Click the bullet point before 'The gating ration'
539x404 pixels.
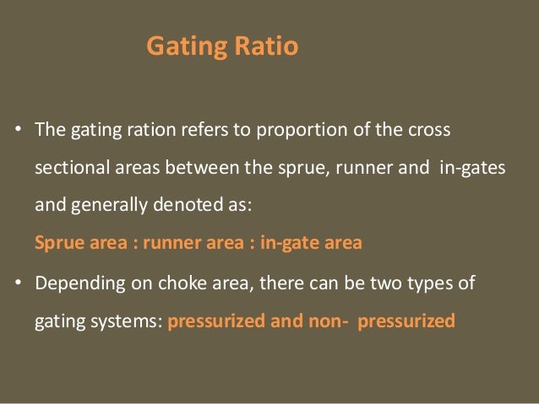tap(16, 132)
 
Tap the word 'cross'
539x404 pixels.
tap(428, 132)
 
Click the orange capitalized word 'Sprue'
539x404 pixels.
tap(57, 244)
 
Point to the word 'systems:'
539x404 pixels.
tap(135, 321)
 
